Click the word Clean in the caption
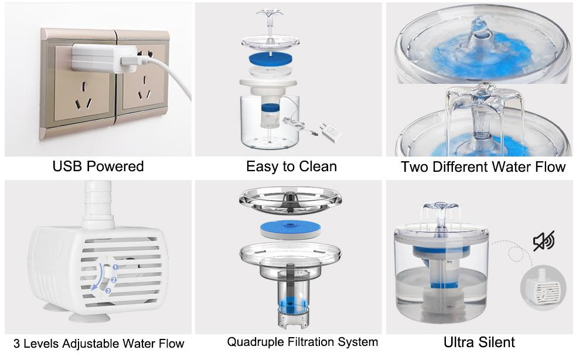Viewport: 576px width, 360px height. pyautogui.click(x=318, y=167)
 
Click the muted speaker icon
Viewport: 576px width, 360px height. pyautogui.click(x=544, y=241)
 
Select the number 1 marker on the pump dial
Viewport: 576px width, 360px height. pyautogui.click(x=115, y=267)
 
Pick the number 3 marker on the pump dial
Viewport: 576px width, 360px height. pyautogui.click(x=108, y=291)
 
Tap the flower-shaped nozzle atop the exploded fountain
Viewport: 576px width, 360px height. pyautogui.click(x=270, y=15)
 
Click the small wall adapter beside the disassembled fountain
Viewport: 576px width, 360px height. pyautogui.click(x=330, y=132)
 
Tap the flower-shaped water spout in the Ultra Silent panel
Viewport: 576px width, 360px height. pyautogui.click(x=440, y=208)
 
